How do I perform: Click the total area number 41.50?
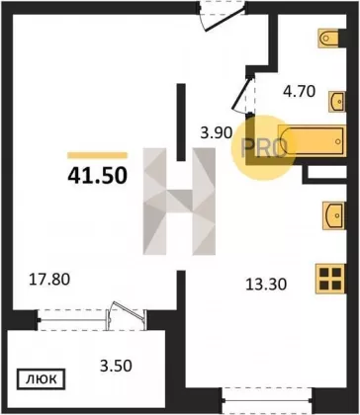tap(97, 175)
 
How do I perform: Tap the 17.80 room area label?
tap(49, 280)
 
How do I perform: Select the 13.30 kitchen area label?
tap(266, 284)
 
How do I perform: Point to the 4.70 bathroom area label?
tap(300, 92)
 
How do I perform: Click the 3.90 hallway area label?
tap(217, 133)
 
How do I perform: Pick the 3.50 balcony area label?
tap(116, 366)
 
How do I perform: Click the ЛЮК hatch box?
tap(42, 379)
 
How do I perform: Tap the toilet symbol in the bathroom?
tap(328, 39)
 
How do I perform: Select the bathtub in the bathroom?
tap(312, 141)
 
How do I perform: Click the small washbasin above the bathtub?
tap(336, 102)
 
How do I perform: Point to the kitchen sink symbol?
tap(333, 215)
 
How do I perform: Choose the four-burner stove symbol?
tap(330, 279)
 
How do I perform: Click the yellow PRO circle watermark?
tap(263, 147)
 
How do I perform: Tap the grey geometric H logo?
tap(179, 202)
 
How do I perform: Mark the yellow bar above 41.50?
tap(97, 155)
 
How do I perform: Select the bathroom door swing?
tap(243, 94)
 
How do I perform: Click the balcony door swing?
tap(127, 315)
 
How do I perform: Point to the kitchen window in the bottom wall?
tap(267, 400)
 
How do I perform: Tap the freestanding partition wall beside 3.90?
tap(181, 123)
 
